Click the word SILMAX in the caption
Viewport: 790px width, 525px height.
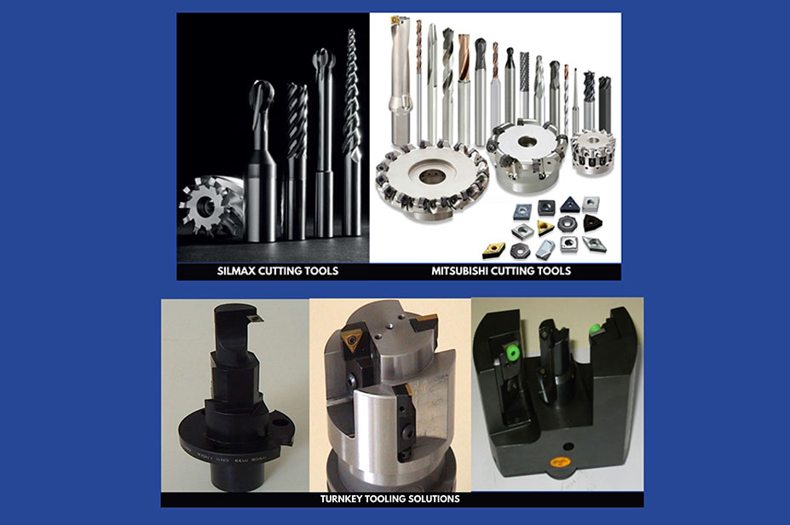click(236, 271)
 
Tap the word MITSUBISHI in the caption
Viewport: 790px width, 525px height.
click(459, 271)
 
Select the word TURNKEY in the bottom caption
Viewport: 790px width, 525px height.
click(339, 499)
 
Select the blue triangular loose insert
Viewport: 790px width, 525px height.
click(568, 204)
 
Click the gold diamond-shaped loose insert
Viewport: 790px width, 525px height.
click(494, 250)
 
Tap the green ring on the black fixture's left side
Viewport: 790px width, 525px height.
click(512, 354)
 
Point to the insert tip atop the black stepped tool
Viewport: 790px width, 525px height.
click(256, 317)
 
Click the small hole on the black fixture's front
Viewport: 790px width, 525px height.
click(568, 447)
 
